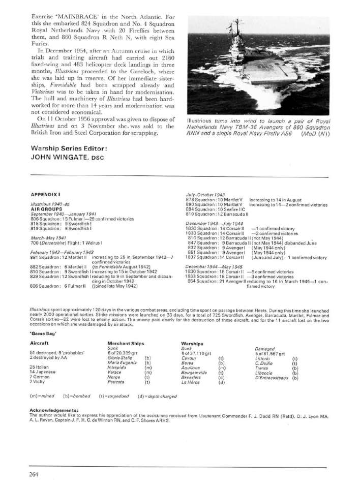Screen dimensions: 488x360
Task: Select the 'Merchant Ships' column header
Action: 125,344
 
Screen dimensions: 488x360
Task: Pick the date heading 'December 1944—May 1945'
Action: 214,266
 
